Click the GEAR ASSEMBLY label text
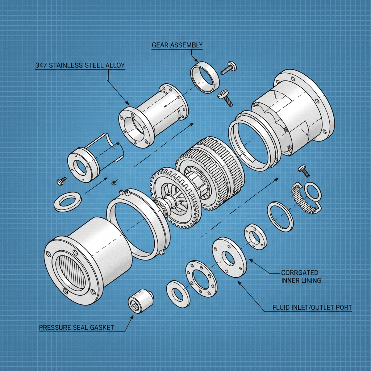pyautogui.click(x=177, y=45)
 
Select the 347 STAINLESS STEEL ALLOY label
pyautogui.click(x=80, y=66)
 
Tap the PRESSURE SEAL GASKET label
pyautogui.click(x=76, y=328)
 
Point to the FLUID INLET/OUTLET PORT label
pyautogui.click(x=312, y=308)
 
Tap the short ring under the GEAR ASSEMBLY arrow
pyautogui.click(x=205, y=77)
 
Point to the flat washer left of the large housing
pyautogui.click(x=67, y=201)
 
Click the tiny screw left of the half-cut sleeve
pyautogui.click(x=61, y=180)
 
